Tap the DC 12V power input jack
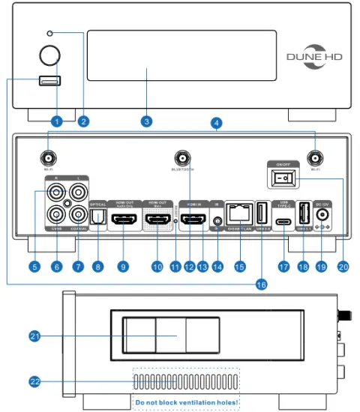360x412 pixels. coord(323,215)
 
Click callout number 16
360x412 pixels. coord(261,285)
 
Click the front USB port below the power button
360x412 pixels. coord(50,81)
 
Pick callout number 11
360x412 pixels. coord(175,265)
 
